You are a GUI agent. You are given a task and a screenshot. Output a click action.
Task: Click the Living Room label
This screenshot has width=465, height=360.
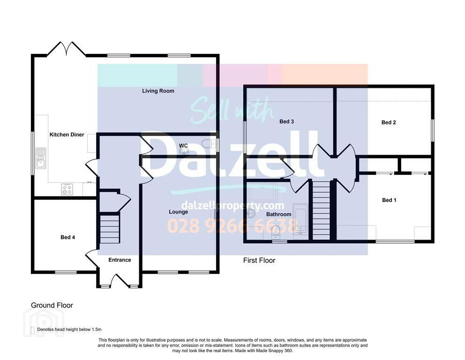tap(158, 91)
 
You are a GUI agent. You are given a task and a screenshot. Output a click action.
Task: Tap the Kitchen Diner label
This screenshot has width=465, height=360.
tap(67, 135)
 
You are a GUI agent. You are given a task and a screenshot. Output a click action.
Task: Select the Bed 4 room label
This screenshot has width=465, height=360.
tap(67, 237)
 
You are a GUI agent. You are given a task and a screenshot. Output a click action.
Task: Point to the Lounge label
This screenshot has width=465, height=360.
tap(178, 212)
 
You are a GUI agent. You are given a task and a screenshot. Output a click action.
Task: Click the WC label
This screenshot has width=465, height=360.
tap(183, 146)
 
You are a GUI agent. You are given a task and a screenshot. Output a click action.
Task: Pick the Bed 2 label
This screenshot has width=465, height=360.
tap(389, 122)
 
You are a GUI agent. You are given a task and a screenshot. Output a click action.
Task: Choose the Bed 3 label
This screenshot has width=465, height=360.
tap(286, 121)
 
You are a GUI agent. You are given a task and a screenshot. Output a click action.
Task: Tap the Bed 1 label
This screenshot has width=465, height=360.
tap(389, 200)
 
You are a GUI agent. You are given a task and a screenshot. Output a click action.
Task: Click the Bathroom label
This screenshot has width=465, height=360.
tap(278, 214)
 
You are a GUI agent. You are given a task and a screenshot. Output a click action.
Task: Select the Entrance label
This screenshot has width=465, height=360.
tap(120, 260)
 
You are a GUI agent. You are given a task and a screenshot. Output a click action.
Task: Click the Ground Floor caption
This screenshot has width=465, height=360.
tap(52, 305)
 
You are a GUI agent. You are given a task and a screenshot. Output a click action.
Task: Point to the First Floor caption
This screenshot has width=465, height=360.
tap(259, 260)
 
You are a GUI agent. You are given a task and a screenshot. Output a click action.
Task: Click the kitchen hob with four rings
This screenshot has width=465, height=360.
tap(67, 189)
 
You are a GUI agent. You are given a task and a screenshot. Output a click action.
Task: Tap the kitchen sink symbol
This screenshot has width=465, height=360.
tap(40, 158)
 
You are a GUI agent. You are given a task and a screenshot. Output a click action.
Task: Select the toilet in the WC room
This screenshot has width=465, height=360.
tap(209, 143)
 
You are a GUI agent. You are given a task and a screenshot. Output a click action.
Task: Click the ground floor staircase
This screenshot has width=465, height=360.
tap(110, 229)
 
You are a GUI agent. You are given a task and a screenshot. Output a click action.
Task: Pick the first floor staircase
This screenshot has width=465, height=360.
tap(322, 210)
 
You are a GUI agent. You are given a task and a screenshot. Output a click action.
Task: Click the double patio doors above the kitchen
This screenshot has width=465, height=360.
tap(67, 49)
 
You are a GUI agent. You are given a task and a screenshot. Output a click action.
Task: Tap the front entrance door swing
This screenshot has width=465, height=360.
tap(120, 280)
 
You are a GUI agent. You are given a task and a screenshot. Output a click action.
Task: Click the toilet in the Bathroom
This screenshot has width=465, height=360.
tap(276, 232)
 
